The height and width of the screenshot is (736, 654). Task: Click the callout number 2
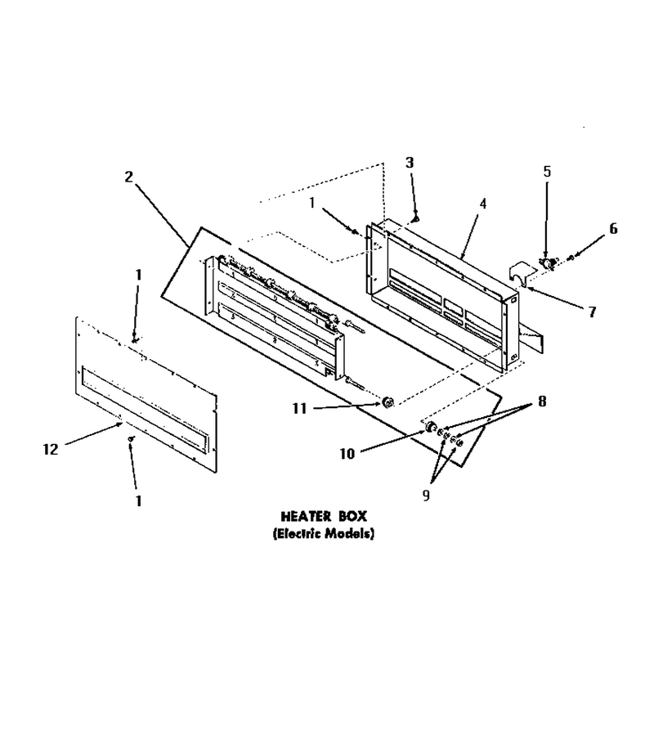click(x=128, y=177)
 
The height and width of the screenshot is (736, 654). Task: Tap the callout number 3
click(x=410, y=163)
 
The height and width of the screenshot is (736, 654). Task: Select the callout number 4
click(x=483, y=204)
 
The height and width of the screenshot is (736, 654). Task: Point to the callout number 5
click(x=547, y=172)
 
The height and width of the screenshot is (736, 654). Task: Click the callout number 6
click(x=613, y=229)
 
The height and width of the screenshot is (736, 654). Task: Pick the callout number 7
click(x=592, y=312)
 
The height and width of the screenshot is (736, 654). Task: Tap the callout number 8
click(x=542, y=402)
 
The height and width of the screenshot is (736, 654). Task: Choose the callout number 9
click(x=426, y=496)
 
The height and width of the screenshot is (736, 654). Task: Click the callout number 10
click(x=347, y=454)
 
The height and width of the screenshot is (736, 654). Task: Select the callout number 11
click(x=299, y=409)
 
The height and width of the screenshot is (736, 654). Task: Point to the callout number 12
click(x=50, y=450)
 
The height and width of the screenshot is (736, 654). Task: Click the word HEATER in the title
click(x=300, y=516)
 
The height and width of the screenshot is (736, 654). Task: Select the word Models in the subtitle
click(x=351, y=534)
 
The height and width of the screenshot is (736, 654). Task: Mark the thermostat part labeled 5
click(x=547, y=263)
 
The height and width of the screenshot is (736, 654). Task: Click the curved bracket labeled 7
click(x=521, y=274)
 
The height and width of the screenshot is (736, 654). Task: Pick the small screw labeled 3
click(x=414, y=218)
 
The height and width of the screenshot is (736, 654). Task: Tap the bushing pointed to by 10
click(x=430, y=427)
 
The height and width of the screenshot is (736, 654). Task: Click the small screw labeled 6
click(x=570, y=258)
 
